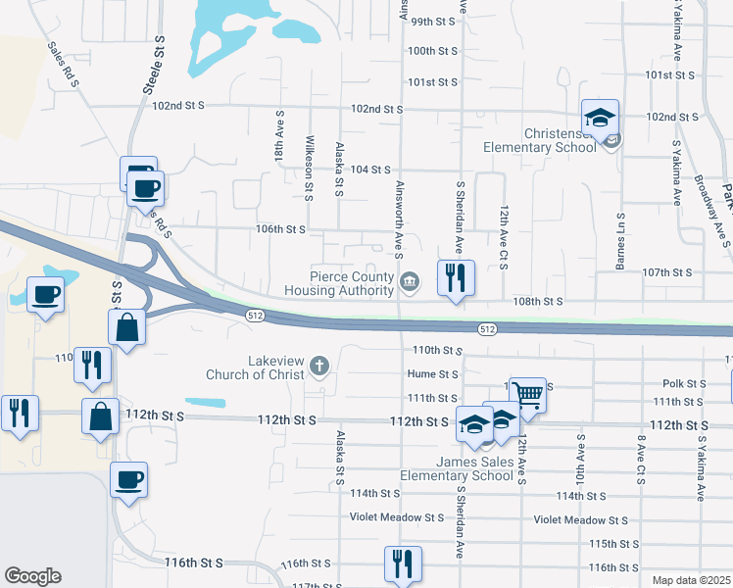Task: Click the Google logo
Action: click(x=32, y=576)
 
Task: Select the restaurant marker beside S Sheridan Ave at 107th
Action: click(x=456, y=278)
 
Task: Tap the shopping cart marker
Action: click(x=528, y=395)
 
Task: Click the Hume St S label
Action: click(x=433, y=373)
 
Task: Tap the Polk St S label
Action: click(x=684, y=384)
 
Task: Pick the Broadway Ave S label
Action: click(x=711, y=203)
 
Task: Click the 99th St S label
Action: click(x=434, y=21)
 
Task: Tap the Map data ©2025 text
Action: click(x=691, y=580)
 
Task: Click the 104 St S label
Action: click(x=371, y=170)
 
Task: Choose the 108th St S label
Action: click(x=539, y=302)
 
